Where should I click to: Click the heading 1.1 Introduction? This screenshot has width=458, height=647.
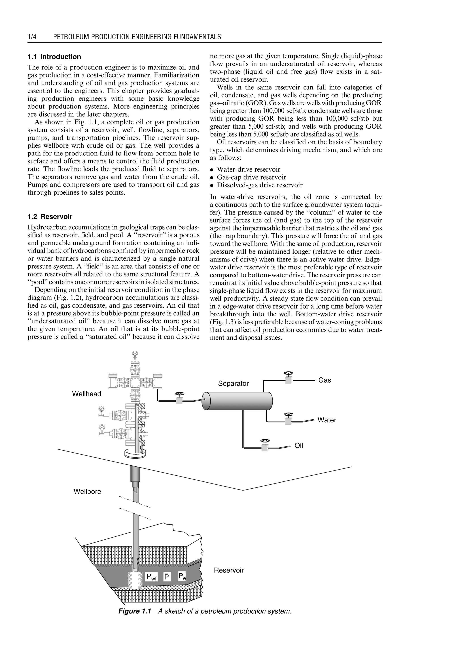[x=54, y=57]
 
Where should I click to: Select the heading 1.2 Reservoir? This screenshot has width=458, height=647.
[x=50, y=217]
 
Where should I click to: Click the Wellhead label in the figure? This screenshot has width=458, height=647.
[x=87, y=394]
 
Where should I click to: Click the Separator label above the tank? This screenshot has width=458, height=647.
[x=233, y=383]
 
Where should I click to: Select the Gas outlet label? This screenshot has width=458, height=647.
[x=325, y=380]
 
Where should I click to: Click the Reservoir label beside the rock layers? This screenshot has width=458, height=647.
[x=229, y=570]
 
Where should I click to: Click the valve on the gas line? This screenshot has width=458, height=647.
[x=288, y=378]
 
